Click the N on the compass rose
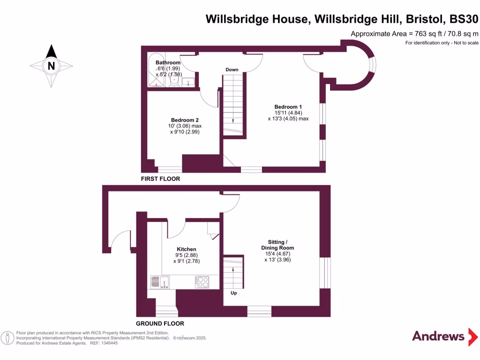click(51, 66)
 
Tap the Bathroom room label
click(168, 63)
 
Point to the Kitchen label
click(186, 249)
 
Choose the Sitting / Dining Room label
click(277, 245)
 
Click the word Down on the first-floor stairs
click(232, 70)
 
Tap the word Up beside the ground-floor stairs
click(233, 293)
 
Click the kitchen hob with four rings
click(202, 282)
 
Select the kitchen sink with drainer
click(160, 282)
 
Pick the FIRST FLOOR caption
click(161, 179)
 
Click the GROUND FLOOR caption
click(160, 323)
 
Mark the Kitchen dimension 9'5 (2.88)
click(186, 255)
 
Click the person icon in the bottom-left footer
click(7, 337)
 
